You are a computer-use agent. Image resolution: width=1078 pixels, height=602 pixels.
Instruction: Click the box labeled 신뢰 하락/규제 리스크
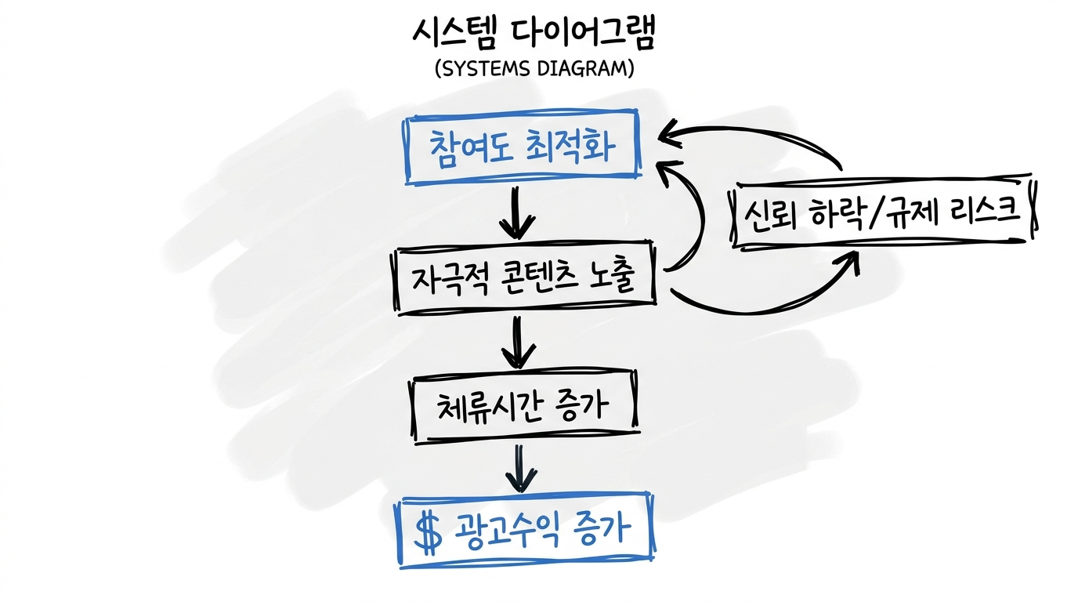click(x=883, y=212)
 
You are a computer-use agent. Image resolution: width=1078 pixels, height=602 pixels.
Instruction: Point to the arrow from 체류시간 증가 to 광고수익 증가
click(x=520, y=468)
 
